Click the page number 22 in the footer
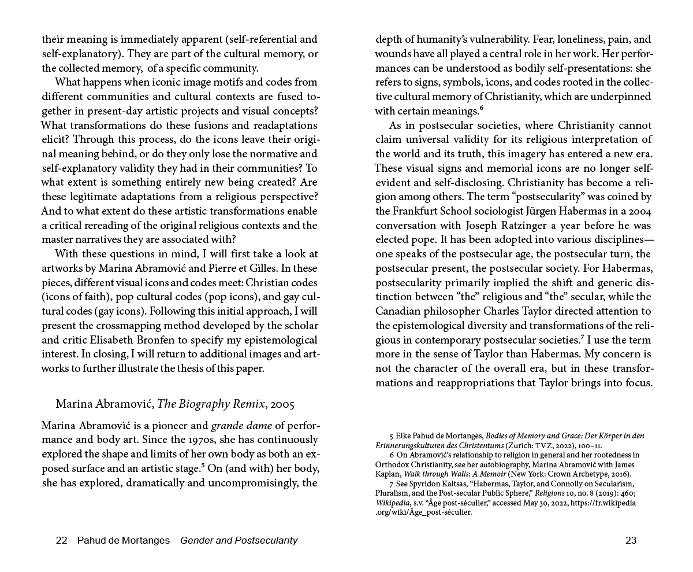point(62,541)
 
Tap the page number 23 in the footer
point(631,541)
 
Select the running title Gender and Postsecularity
point(239,541)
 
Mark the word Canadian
point(401,311)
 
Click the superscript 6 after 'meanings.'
point(481,108)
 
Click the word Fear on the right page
point(526,39)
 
